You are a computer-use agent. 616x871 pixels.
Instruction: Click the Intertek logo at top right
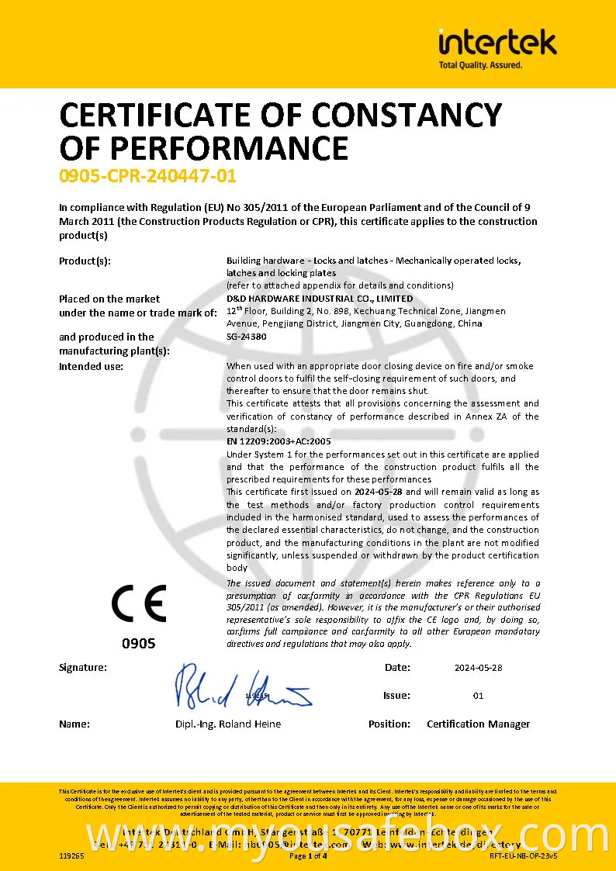pos(497,42)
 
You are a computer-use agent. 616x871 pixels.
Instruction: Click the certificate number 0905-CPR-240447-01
pos(147,176)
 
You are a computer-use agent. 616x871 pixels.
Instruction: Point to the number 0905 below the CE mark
pos(139,643)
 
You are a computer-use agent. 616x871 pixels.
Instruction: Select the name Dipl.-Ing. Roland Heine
pos(228,724)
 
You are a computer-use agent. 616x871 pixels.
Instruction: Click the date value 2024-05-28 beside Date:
pos(478,668)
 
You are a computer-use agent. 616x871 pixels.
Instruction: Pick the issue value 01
pos(478,696)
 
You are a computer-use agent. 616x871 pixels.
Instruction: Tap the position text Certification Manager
pos(478,724)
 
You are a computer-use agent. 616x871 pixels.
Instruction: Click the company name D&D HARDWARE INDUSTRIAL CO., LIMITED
pos(320,299)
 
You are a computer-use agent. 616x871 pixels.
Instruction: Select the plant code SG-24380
pos(247,337)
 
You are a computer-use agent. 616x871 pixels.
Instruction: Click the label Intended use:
pos(92,366)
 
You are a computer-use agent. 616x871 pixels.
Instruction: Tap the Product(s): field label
pos(85,261)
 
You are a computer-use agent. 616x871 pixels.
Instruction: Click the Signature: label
pos(83,667)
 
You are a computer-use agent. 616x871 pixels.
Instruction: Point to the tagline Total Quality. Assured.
pos(480,65)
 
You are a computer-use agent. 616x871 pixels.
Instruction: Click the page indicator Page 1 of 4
pos(308,856)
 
